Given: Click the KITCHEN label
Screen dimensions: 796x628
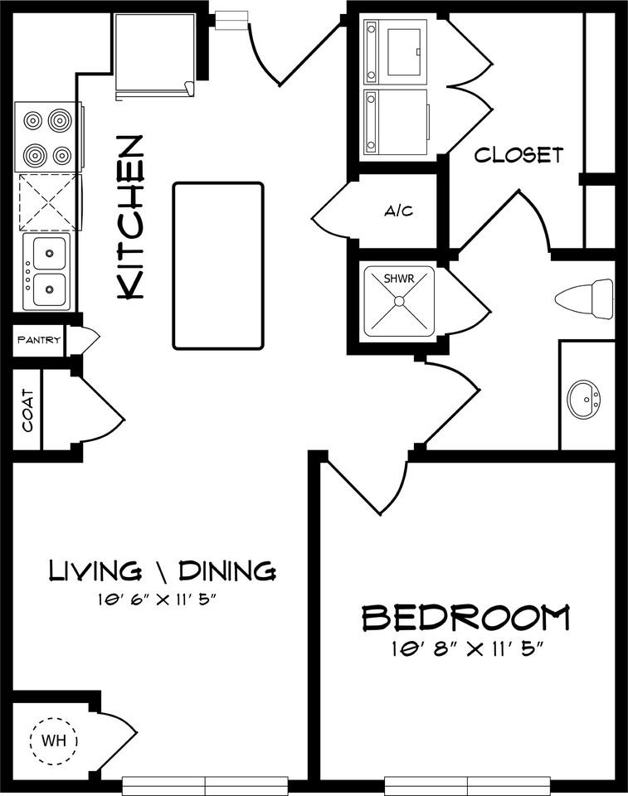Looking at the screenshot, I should tap(132, 217).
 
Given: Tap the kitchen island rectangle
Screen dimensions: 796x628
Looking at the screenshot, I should tap(218, 265).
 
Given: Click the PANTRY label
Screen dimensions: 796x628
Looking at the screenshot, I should tap(38, 339).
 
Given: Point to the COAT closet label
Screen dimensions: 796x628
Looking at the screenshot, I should tap(28, 410).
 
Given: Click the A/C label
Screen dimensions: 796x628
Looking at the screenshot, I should tap(398, 211).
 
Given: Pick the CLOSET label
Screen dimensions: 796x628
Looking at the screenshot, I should tap(518, 155).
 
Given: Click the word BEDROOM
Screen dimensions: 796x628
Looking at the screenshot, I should tap(466, 619).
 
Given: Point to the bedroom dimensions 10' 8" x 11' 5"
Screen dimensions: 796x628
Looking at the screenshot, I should tap(466, 649).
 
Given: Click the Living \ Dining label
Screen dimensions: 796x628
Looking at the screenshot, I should tap(163, 570).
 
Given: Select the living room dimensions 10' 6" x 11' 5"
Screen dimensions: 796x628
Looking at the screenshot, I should tap(163, 599).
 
